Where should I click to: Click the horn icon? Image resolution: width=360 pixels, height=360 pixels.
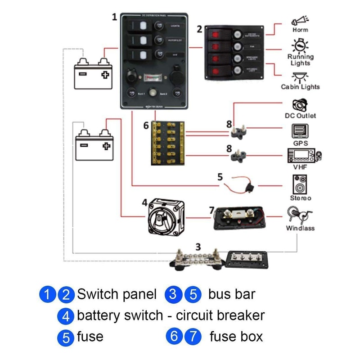pyautogui.click(x=300, y=20)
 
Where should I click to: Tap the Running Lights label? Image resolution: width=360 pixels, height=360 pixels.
pyautogui.click(x=301, y=60)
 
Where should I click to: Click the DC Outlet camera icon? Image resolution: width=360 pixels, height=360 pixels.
pyautogui.click(x=300, y=105)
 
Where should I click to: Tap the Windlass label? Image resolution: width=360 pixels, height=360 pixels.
pyautogui.click(x=300, y=228)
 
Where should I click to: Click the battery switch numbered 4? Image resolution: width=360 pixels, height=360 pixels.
pyautogui.click(x=165, y=217)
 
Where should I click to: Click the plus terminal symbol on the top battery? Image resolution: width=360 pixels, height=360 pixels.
pyautogui.click(x=105, y=75)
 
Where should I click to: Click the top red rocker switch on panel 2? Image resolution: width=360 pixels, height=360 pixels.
pyautogui.click(x=216, y=33)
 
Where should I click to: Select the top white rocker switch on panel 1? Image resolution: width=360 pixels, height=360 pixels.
pyautogui.click(x=140, y=27)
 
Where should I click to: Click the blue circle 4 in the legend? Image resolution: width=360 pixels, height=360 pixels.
pyautogui.click(x=66, y=316)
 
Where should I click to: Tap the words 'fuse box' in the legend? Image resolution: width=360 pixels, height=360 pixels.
pyautogui.click(x=236, y=336)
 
